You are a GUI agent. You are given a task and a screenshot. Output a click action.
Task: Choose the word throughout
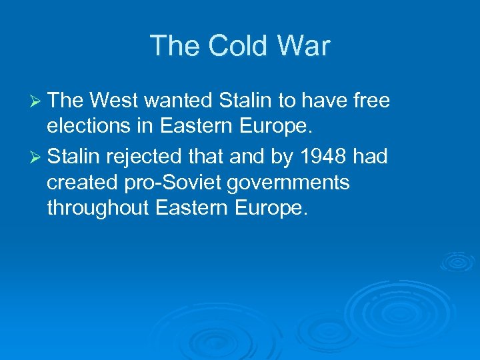(98, 208)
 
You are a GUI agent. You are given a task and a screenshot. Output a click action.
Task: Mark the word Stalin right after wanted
(246, 101)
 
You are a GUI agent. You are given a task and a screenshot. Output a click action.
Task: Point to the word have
(318, 101)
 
